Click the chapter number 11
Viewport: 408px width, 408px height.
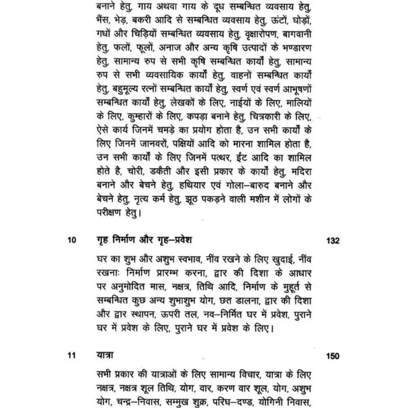tap(70, 355)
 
